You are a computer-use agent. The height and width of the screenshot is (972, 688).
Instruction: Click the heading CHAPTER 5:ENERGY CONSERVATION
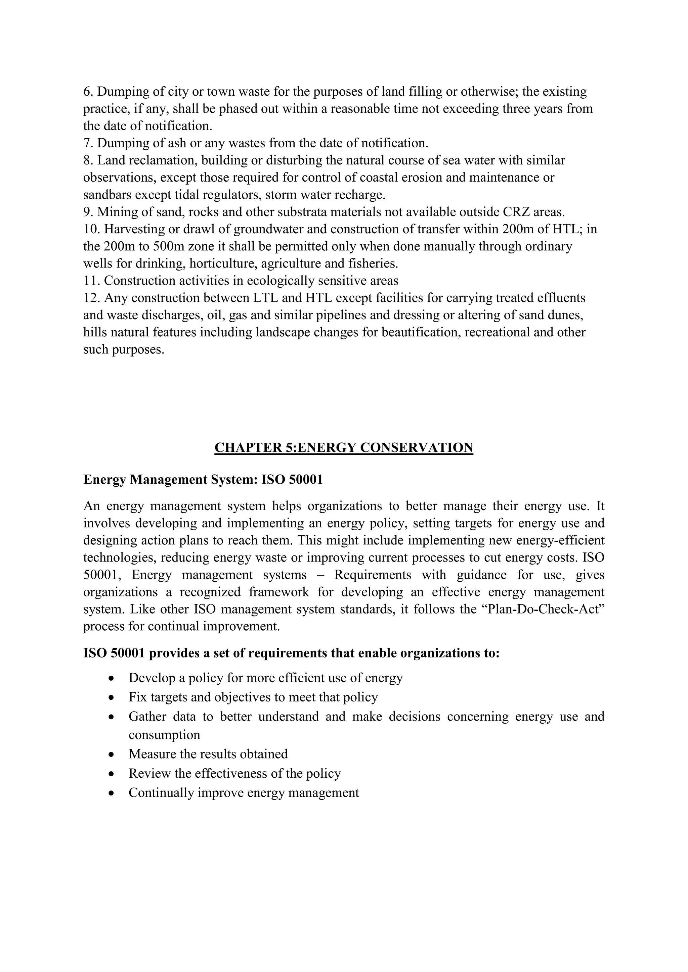[344, 447]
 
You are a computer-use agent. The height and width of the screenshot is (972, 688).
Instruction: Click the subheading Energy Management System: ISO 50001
[203, 480]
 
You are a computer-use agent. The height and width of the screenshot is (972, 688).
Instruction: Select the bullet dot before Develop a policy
[112, 678]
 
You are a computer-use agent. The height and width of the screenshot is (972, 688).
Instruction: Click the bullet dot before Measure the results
[112, 755]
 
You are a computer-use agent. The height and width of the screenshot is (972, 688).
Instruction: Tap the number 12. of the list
[91, 298]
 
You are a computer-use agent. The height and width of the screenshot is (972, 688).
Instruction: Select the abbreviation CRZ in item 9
[518, 212]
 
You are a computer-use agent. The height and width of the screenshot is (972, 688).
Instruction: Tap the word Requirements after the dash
[372, 575]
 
